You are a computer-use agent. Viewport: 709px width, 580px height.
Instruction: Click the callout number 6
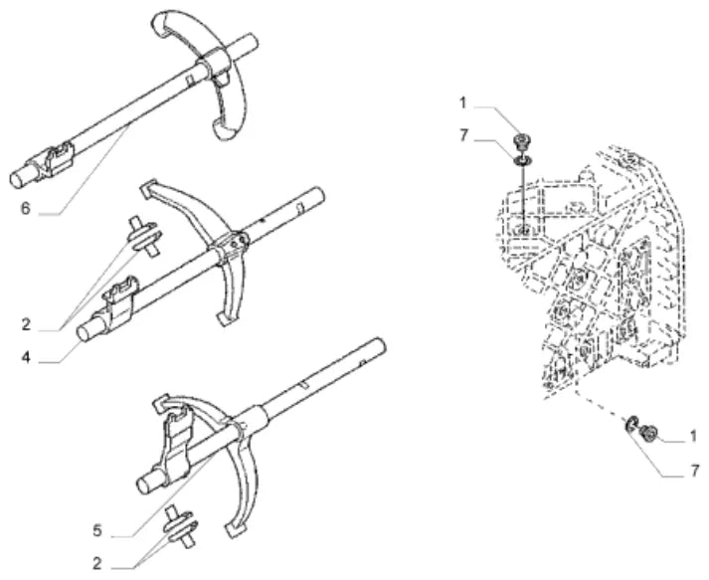click(x=26, y=209)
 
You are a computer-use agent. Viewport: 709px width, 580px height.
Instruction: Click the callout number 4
click(x=26, y=357)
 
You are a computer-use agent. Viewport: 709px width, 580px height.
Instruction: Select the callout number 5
click(x=97, y=530)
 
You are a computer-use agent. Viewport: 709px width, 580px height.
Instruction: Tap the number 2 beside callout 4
click(x=26, y=324)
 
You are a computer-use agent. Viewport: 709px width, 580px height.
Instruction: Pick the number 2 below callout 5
click(x=97, y=564)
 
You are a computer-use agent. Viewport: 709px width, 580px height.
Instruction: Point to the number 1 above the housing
click(x=462, y=103)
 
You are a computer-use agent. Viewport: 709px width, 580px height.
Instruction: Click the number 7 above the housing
click(x=462, y=135)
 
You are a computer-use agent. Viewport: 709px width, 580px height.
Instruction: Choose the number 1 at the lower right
click(x=692, y=437)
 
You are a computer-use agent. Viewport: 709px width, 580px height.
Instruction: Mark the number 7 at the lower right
click(x=694, y=471)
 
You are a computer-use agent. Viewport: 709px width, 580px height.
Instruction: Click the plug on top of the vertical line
click(x=522, y=140)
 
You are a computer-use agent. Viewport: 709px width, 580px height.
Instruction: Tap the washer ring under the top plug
click(x=522, y=159)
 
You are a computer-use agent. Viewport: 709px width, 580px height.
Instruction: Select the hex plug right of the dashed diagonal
click(x=647, y=433)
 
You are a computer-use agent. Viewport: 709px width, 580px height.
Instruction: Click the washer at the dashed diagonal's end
click(x=631, y=424)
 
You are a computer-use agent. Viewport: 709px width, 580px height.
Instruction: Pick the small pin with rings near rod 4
click(x=144, y=236)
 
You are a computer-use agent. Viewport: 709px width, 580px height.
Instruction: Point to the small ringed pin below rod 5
click(x=181, y=526)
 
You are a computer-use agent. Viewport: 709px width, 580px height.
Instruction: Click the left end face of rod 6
click(x=18, y=179)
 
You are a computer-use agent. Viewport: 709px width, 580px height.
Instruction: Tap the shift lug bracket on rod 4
click(x=118, y=303)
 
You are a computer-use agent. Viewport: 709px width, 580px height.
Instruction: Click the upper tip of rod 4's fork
click(x=145, y=189)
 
